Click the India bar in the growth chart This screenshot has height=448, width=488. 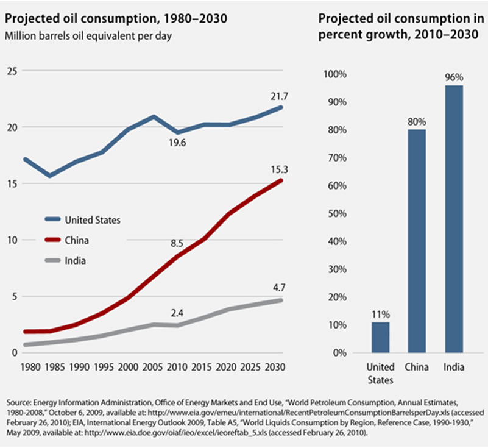coord(454,219)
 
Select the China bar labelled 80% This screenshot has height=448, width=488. coord(417,241)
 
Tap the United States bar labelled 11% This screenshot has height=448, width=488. coord(380,337)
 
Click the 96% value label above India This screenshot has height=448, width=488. coord(454,77)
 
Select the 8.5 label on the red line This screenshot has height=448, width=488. coord(177,244)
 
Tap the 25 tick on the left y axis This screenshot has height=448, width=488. coord(12,71)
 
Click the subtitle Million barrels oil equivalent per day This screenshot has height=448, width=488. coord(88,35)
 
